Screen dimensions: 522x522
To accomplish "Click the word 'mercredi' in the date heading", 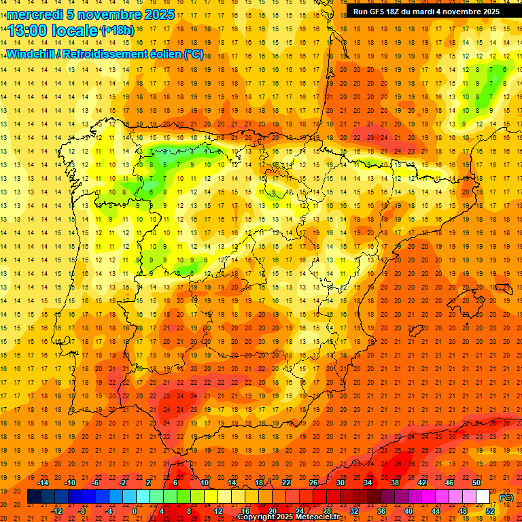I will (35, 15).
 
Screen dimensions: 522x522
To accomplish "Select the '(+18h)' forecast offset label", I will (117, 31).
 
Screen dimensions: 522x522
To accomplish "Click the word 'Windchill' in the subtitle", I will (32, 54).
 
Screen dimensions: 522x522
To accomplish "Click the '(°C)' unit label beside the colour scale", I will (506, 498).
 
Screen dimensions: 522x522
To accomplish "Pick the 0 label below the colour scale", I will (135, 511).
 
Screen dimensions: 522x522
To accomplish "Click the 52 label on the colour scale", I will (489, 511).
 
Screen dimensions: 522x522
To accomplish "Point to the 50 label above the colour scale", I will (476, 483).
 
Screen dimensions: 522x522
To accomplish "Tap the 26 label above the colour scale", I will (313, 483).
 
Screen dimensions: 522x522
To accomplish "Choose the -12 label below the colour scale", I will (56, 511).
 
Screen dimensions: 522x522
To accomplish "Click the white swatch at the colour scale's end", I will (483, 497).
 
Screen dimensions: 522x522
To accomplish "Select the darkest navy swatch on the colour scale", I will (34, 497).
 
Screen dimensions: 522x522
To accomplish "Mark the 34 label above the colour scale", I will (368, 483).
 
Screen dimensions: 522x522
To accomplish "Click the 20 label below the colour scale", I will (272, 511).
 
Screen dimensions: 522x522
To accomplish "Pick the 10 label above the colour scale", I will (205, 483).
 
